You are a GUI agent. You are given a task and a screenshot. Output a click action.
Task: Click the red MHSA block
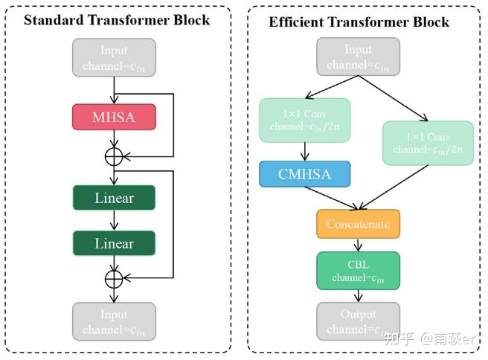(x=114, y=117)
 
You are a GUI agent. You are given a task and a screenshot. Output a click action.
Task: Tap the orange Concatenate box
(x=358, y=224)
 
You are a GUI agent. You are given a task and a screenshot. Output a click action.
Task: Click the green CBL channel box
(x=358, y=270)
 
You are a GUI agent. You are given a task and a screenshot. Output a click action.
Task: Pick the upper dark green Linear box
(x=114, y=198)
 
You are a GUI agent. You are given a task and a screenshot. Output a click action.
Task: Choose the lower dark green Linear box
(x=114, y=243)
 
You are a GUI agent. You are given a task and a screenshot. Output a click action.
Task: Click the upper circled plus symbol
(x=114, y=157)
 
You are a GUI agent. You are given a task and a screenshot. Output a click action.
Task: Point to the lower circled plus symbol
(x=114, y=278)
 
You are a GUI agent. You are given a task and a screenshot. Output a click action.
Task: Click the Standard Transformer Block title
(x=117, y=19)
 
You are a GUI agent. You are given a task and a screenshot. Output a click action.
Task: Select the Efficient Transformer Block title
(x=359, y=22)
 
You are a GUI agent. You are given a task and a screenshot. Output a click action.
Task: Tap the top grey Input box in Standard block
(x=114, y=57)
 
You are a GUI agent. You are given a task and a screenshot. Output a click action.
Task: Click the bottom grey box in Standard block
(x=114, y=321)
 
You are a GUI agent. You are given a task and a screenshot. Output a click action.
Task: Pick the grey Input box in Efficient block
(x=358, y=57)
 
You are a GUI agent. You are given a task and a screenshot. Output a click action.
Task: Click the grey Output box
(x=358, y=321)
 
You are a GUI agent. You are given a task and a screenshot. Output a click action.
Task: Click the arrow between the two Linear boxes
(x=114, y=220)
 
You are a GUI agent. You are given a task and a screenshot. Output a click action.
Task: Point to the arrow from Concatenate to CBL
(x=358, y=245)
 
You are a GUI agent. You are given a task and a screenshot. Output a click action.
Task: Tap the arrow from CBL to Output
(x=358, y=295)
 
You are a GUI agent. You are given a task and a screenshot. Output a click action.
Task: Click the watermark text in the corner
(x=428, y=339)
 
